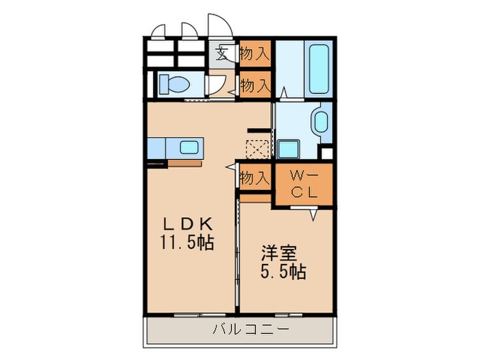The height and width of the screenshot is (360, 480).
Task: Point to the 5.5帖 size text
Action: [283, 272]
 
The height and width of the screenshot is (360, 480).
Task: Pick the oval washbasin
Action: [320, 123]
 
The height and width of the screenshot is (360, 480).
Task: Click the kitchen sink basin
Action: [189, 147]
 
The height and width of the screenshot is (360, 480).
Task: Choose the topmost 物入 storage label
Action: [254, 53]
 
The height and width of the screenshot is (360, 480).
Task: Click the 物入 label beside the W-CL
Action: [254, 178]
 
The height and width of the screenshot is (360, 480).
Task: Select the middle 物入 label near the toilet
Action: [254, 86]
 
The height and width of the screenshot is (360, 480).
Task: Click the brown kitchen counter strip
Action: [184, 163]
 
